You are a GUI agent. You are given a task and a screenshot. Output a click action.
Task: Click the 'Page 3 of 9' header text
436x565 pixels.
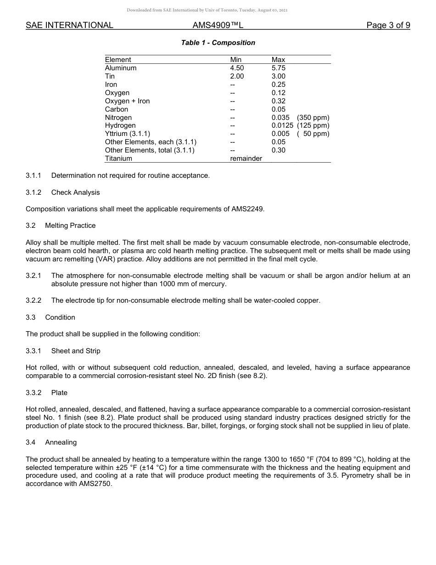tap(388, 25)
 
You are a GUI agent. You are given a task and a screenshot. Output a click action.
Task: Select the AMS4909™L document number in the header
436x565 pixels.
tap(218, 25)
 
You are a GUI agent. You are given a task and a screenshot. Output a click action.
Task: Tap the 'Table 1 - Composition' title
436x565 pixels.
tap(218, 43)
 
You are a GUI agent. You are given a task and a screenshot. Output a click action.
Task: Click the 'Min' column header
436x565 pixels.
tap(236, 60)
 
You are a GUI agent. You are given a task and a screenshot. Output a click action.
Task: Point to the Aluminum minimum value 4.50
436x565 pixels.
tap(237, 68)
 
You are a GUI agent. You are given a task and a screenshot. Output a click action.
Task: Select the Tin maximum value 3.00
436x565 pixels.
tap(278, 76)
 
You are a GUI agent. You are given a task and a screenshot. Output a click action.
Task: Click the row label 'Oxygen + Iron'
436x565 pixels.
tap(127, 101)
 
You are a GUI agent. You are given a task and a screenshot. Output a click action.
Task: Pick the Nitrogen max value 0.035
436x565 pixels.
tap(280, 118)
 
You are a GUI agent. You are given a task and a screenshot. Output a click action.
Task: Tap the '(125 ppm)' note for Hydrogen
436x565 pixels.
tap(313, 125)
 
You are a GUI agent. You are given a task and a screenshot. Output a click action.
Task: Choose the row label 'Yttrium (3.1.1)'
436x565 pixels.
tap(128, 134)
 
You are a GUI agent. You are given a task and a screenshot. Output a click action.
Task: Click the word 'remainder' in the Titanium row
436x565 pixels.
tap(246, 158)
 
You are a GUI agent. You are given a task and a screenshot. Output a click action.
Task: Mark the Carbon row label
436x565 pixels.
tap(117, 109)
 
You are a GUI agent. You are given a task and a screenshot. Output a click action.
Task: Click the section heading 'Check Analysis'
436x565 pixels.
tap(75, 192)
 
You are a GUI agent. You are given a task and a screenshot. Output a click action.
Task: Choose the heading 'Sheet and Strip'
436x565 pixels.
tap(76, 351)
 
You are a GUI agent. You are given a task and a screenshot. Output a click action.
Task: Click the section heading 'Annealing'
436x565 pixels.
tap(61, 442)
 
